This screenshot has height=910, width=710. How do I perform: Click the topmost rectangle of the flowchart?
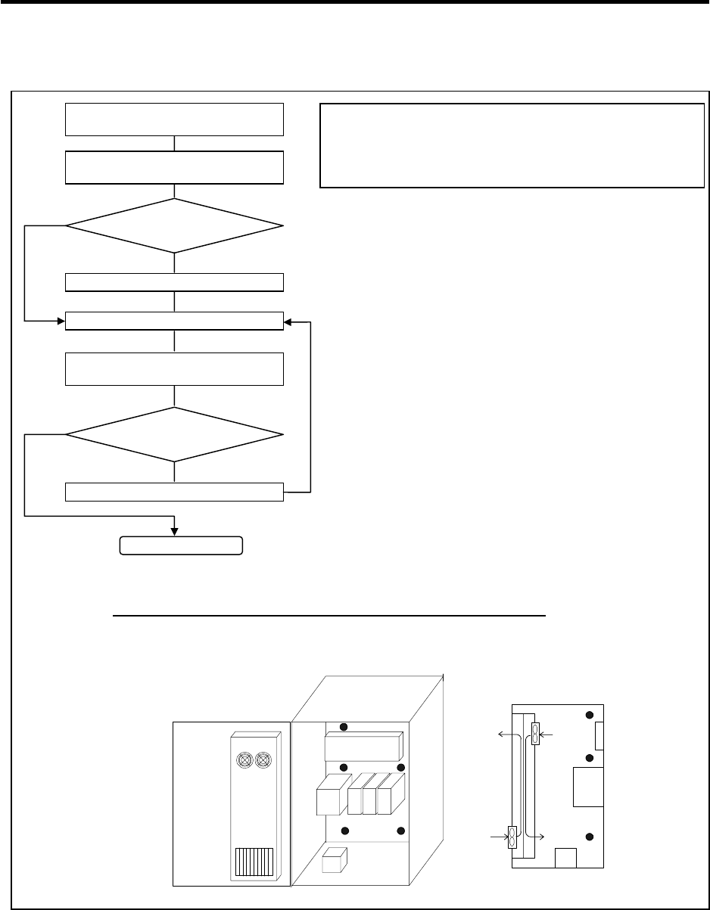point(175,119)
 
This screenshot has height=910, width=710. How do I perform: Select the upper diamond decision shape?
point(175,225)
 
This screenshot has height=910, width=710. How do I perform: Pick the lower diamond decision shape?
point(175,434)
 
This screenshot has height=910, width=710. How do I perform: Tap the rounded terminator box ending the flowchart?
point(182,545)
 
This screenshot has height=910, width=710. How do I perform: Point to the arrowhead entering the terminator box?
point(176,532)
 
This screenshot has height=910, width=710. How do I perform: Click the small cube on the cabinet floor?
point(334,861)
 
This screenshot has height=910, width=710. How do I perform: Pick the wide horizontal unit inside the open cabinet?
point(363,747)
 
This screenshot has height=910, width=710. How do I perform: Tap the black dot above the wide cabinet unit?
point(343,727)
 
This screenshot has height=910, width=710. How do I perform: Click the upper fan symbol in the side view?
point(536,734)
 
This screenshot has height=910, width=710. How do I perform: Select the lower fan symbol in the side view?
point(512,837)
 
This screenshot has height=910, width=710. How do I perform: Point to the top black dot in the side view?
point(590,716)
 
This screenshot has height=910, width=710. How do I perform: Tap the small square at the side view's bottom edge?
point(566,858)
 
